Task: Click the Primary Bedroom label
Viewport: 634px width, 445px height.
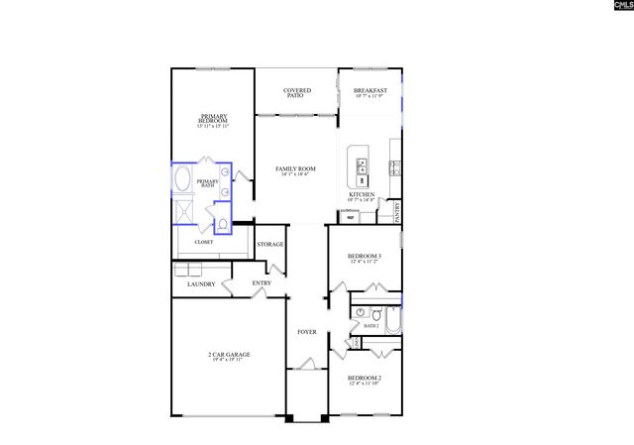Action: [x=213, y=121]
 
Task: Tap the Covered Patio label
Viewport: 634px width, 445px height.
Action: [x=297, y=93]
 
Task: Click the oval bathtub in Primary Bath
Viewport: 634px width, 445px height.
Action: [x=183, y=180]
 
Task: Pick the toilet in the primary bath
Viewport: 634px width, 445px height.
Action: [x=226, y=226]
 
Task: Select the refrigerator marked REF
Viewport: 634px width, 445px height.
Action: [x=351, y=217]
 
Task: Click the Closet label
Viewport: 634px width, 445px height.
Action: [x=203, y=241]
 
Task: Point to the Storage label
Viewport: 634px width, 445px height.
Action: [x=270, y=244]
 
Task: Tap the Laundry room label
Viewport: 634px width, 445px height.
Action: [x=201, y=285]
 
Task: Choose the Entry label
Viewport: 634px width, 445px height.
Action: [x=262, y=283]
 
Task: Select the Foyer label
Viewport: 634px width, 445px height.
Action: [x=307, y=332]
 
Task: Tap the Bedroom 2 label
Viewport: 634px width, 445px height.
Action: [x=364, y=380]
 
